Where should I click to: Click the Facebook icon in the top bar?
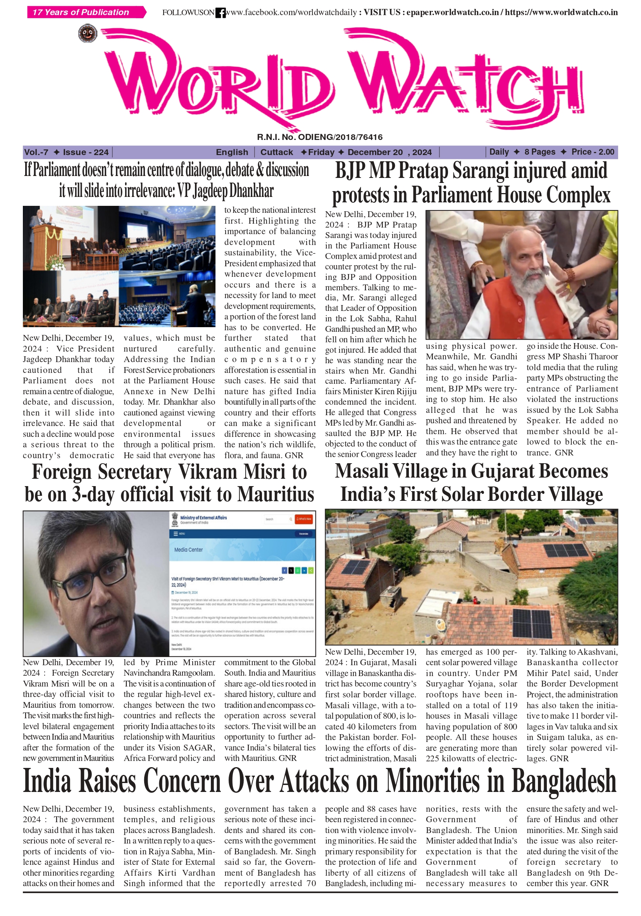tap(220, 13)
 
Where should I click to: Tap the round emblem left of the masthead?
tap(87, 33)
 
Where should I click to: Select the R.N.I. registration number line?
tap(319, 137)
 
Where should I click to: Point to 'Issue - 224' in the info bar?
tap(85, 152)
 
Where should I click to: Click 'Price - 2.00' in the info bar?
tap(592, 152)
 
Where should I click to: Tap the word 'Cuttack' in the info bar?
tap(276, 152)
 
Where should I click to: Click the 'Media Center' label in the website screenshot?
tap(188, 550)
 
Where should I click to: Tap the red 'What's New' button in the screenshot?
tap(304, 519)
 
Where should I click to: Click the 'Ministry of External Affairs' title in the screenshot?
tap(203, 518)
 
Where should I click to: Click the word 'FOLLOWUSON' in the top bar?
tap(188, 13)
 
